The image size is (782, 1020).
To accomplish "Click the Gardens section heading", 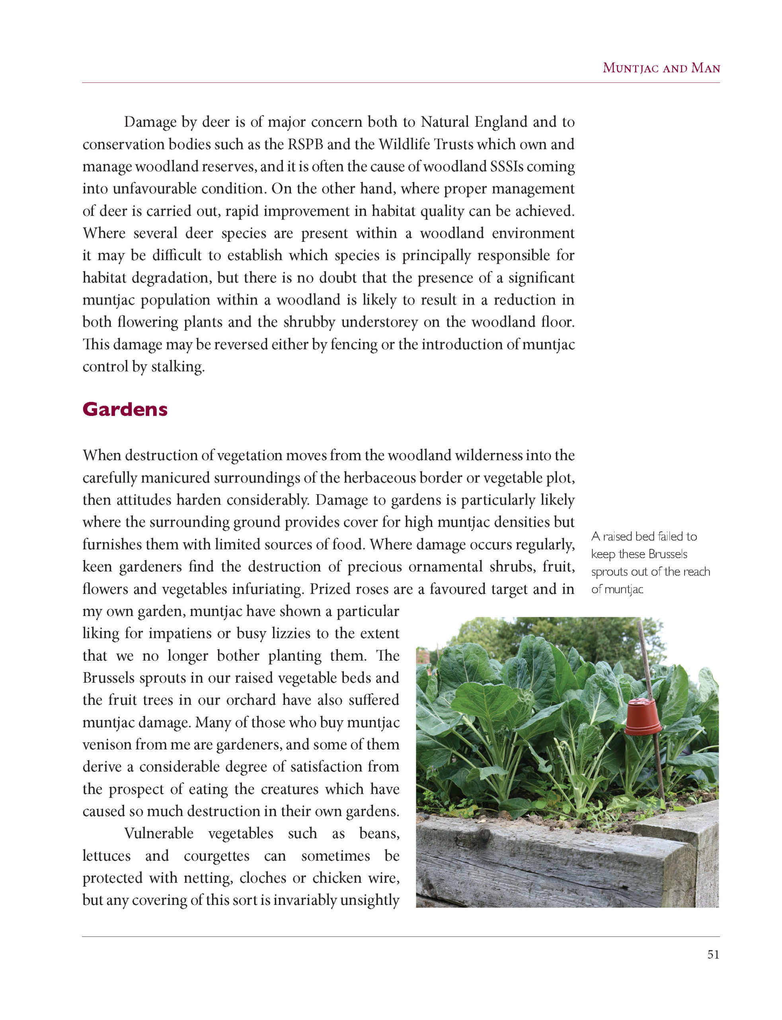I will (125, 410).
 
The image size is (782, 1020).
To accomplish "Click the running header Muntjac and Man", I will (661, 68).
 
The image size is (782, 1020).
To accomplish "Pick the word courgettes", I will (216, 855).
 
